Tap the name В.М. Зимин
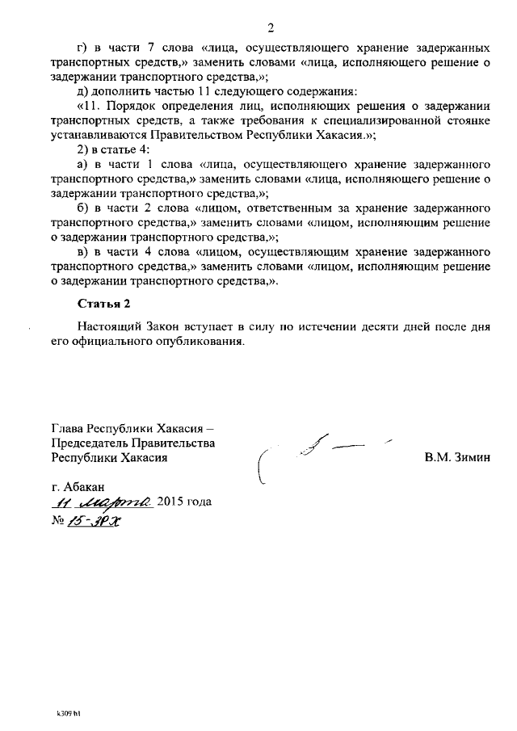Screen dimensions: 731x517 coord(457,457)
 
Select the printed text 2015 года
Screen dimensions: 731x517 coord(185,502)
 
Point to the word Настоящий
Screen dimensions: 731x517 coord(109,327)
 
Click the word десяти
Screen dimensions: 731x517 coord(365,327)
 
